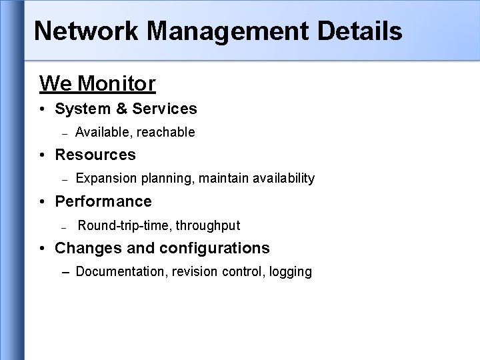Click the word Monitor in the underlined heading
point(117,84)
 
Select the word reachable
point(167,133)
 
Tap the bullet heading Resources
point(95,155)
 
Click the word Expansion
point(105,179)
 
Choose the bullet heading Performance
point(103,201)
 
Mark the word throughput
point(208,226)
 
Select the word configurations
point(214,249)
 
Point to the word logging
point(290,272)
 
